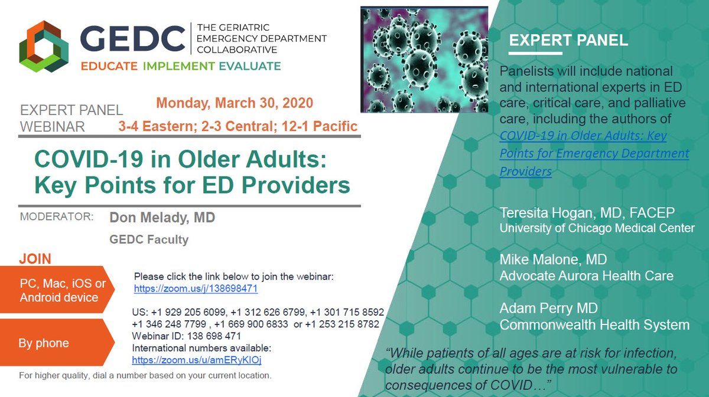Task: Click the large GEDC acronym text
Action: [x=133, y=39]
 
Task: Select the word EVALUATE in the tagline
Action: [x=243, y=65]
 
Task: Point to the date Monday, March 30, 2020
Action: [x=235, y=103]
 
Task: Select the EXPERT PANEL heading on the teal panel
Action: [x=568, y=41]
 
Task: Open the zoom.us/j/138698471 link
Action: [x=196, y=289]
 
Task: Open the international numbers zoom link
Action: [x=196, y=359]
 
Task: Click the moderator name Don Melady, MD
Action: [x=162, y=218]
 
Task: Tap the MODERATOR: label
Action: [x=57, y=216]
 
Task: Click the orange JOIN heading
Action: [x=35, y=259]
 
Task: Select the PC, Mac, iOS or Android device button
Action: [x=59, y=290]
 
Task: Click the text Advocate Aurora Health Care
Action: [x=586, y=275]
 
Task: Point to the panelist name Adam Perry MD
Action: [x=548, y=309]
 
